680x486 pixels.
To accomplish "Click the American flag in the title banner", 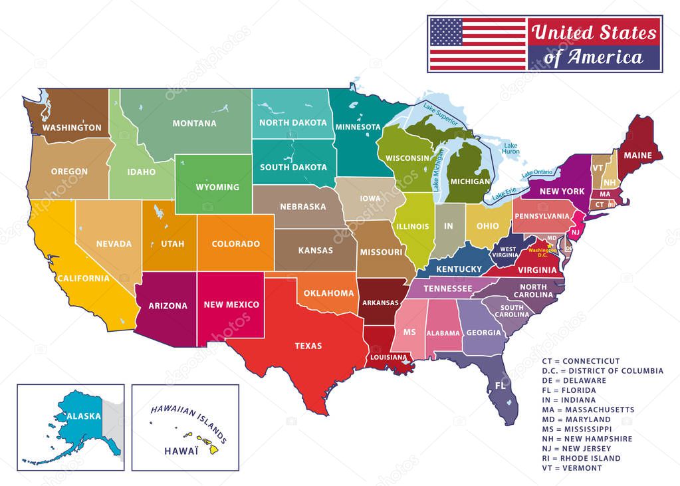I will click(477, 44).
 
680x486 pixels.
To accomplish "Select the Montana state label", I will click(194, 123).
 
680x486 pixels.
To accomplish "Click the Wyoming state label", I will click(217, 187).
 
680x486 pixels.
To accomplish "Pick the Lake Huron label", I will click(510, 148).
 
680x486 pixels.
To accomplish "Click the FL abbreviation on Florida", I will click(500, 386).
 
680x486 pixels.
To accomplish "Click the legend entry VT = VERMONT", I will click(572, 468).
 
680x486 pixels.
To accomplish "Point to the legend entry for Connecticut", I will click(580, 361).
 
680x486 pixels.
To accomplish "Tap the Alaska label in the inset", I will click(84, 416).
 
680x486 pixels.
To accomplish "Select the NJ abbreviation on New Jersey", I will click(576, 231).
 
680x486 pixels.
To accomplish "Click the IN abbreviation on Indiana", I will click(449, 226).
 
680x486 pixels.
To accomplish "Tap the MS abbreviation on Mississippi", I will click(409, 331).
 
